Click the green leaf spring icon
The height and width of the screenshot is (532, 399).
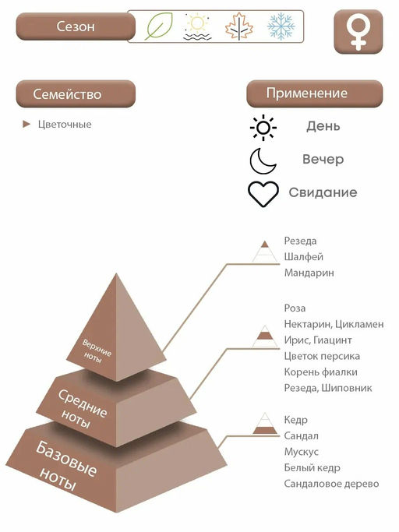158,26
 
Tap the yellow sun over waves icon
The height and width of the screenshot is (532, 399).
197,27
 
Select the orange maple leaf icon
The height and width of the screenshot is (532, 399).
239,26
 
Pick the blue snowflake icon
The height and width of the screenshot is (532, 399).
281,26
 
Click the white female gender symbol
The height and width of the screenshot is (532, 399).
358,32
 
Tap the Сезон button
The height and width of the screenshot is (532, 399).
76,26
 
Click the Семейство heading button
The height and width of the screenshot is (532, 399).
76,94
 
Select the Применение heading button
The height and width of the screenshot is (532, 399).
314,93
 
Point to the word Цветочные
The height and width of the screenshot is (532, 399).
65,124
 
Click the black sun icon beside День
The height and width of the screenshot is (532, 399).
263,128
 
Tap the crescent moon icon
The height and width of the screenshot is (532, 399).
263,160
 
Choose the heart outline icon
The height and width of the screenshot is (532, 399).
263,194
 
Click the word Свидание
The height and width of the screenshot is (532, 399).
323,192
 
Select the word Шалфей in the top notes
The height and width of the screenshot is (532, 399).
304,257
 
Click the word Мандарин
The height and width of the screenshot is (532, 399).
309,273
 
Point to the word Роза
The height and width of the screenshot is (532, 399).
295,308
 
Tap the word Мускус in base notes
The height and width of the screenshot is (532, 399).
302,452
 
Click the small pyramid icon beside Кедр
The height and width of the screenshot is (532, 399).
265,424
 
